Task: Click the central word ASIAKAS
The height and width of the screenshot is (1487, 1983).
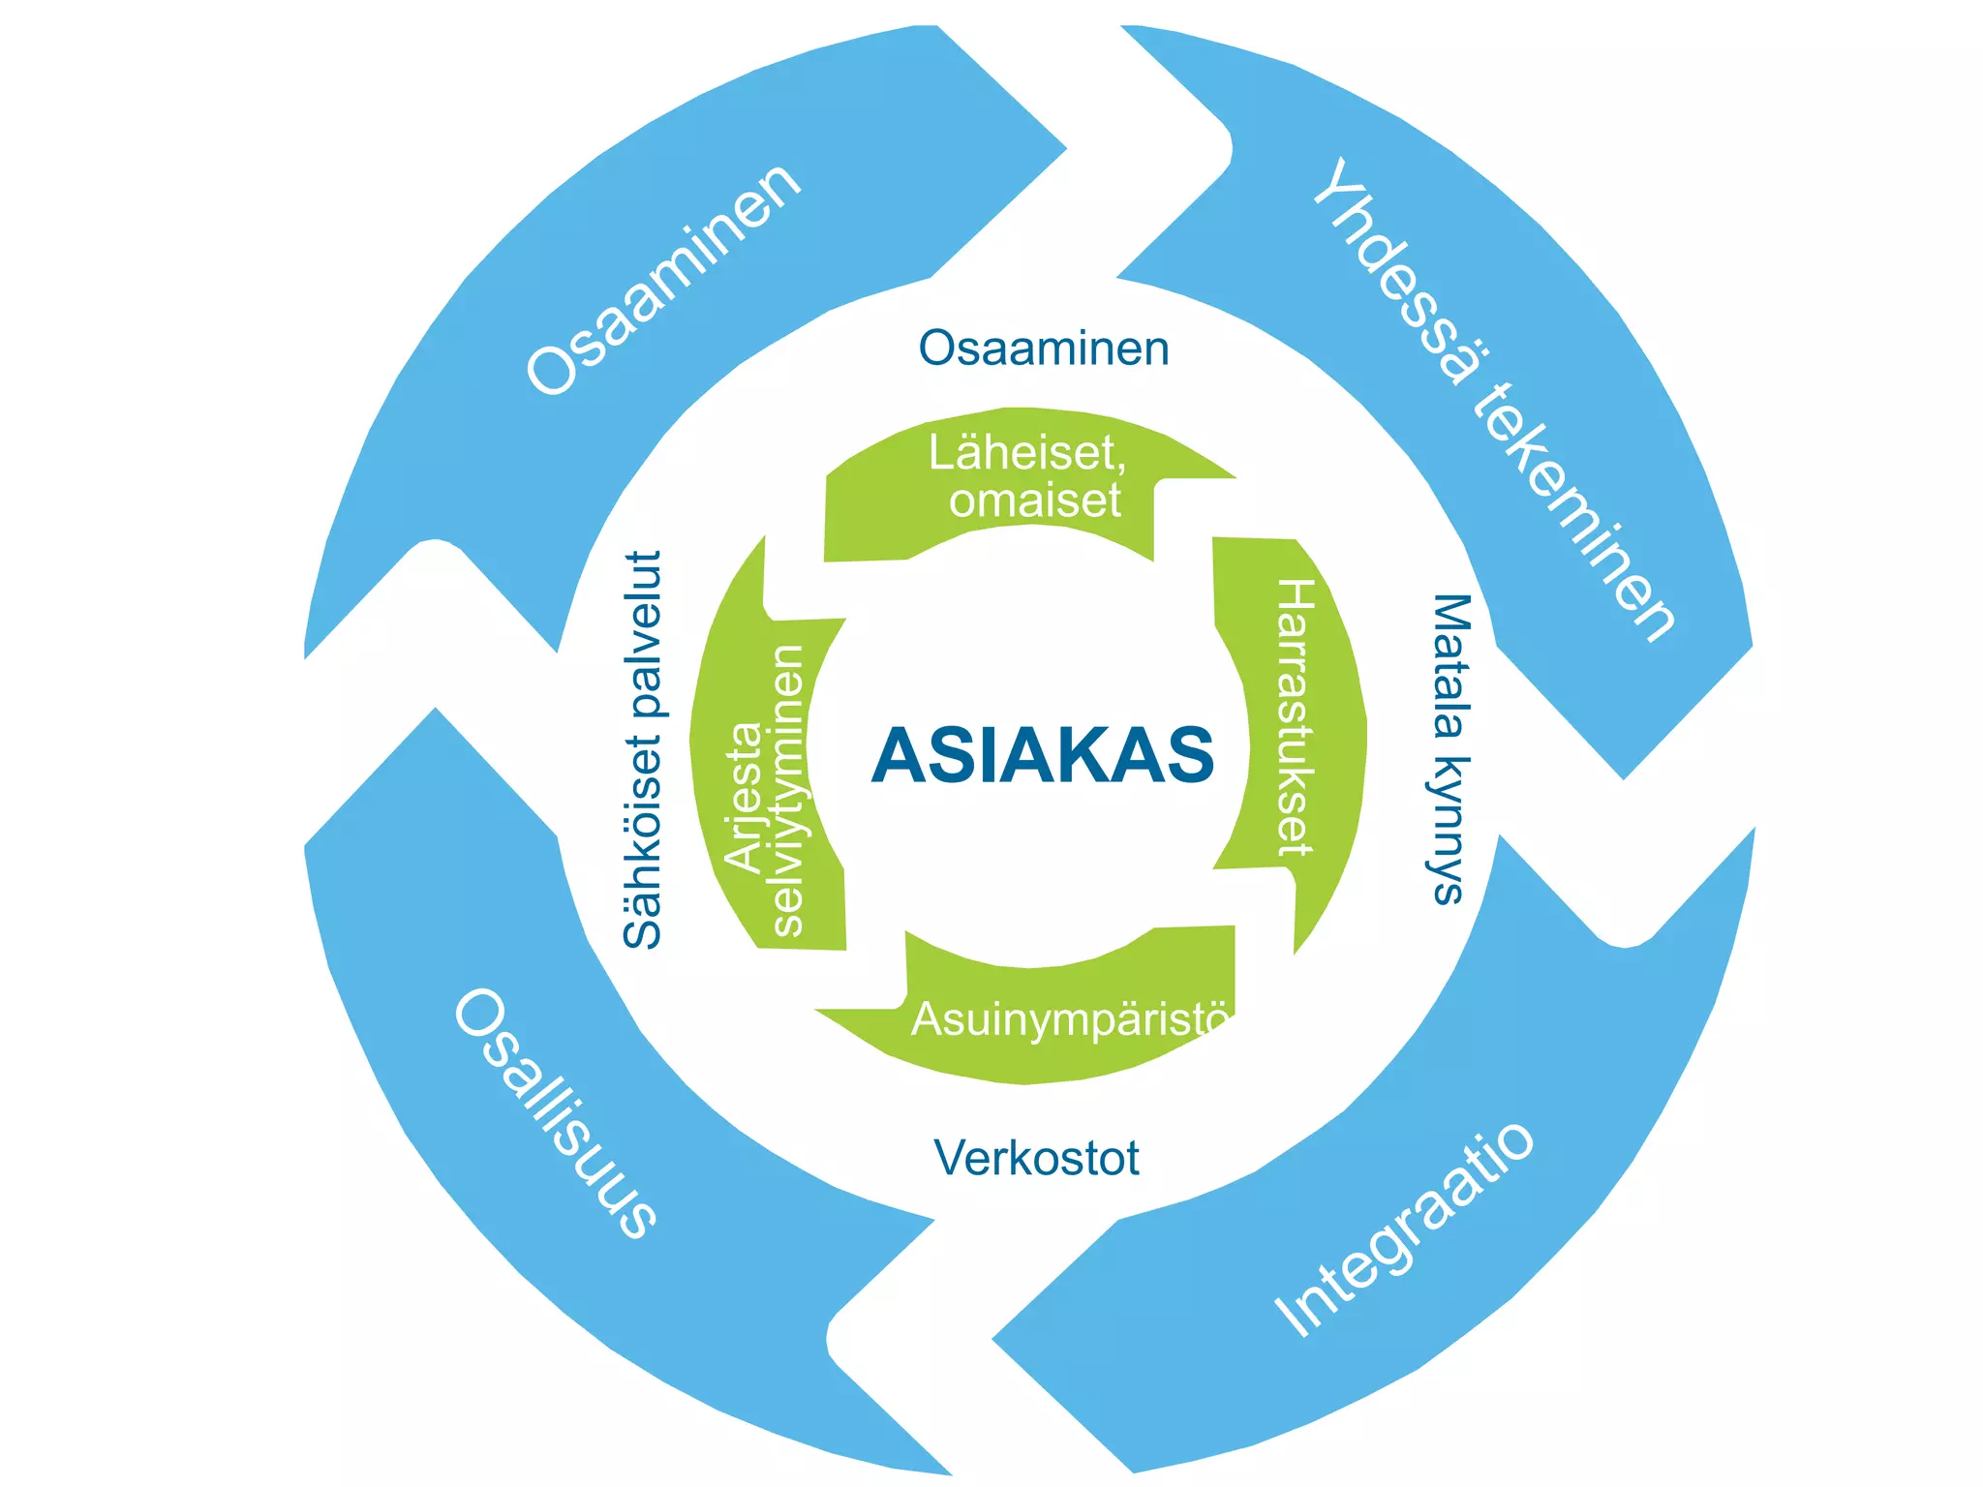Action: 1043,755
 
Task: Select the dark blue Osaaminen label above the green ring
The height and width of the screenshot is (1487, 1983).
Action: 1044,349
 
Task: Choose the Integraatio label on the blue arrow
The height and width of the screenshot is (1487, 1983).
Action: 1405,1229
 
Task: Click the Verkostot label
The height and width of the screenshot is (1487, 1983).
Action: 1036,1158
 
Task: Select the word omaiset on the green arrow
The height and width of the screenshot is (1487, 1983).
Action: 1035,501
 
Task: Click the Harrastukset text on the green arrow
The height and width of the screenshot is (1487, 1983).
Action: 1295,717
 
